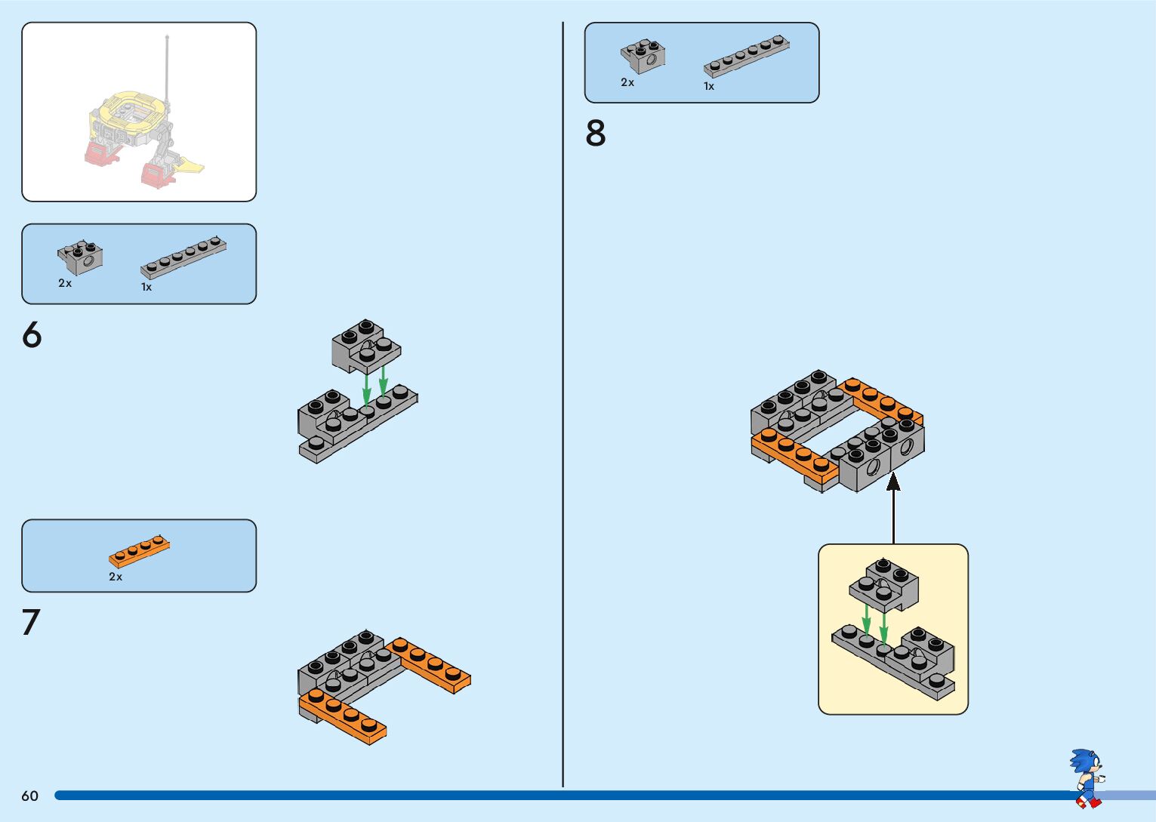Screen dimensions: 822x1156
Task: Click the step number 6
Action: pyautogui.click(x=32, y=334)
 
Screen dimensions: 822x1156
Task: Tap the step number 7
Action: pyautogui.click(x=31, y=623)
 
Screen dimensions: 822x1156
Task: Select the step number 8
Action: pyautogui.click(x=596, y=134)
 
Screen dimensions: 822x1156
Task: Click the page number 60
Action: pyautogui.click(x=29, y=796)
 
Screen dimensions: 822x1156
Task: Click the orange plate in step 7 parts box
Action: pyautogui.click(x=140, y=552)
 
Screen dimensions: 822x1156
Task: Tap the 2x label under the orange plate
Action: pyautogui.click(x=116, y=577)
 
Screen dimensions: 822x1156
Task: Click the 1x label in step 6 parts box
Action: pyautogui.click(x=146, y=287)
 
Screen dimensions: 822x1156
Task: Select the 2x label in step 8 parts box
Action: pyautogui.click(x=627, y=82)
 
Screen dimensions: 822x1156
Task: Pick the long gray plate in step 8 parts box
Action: pyautogui.click(x=746, y=57)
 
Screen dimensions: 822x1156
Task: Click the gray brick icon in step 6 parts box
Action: pyautogui.click(x=80, y=257)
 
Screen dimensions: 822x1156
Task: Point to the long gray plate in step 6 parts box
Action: pyautogui.click(x=183, y=257)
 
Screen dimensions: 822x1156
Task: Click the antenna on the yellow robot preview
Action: pyautogui.click(x=167, y=68)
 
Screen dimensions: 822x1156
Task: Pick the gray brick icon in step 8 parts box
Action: pyautogui.click(x=643, y=57)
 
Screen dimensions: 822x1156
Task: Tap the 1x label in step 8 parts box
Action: pyautogui.click(x=709, y=86)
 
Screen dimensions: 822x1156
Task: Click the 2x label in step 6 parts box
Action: pyautogui.click(x=65, y=283)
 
